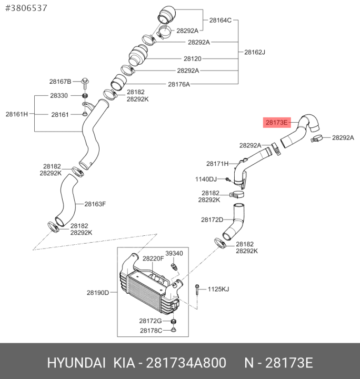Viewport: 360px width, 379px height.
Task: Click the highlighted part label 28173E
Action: coord(277,123)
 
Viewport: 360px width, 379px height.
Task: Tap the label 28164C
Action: coord(221,21)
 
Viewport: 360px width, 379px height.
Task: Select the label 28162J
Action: coord(255,52)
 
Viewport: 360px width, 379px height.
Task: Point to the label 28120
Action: coord(193,59)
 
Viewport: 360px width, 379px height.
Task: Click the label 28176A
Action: coord(179,84)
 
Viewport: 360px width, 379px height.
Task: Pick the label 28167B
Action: coord(60,82)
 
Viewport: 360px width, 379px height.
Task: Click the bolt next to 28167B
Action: coord(85,83)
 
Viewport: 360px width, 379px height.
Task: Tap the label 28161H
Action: coord(17,114)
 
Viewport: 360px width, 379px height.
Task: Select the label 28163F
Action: coord(95,204)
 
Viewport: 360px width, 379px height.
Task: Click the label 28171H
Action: coord(217,164)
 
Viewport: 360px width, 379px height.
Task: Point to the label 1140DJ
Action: coord(206,179)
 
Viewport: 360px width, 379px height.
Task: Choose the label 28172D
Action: coord(212,220)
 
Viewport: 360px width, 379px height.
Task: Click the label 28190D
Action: coord(98,293)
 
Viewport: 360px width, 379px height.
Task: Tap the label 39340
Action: coord(174,254)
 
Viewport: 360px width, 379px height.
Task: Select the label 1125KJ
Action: coord(218,290)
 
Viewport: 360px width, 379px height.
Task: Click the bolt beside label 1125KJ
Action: coord(197,290)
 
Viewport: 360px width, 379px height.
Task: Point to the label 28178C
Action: coord(151,331)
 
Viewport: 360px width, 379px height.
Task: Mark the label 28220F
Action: coord(153,259)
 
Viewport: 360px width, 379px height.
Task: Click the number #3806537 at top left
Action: coord(26,8)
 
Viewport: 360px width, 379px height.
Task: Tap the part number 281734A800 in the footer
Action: coord(186,363)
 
